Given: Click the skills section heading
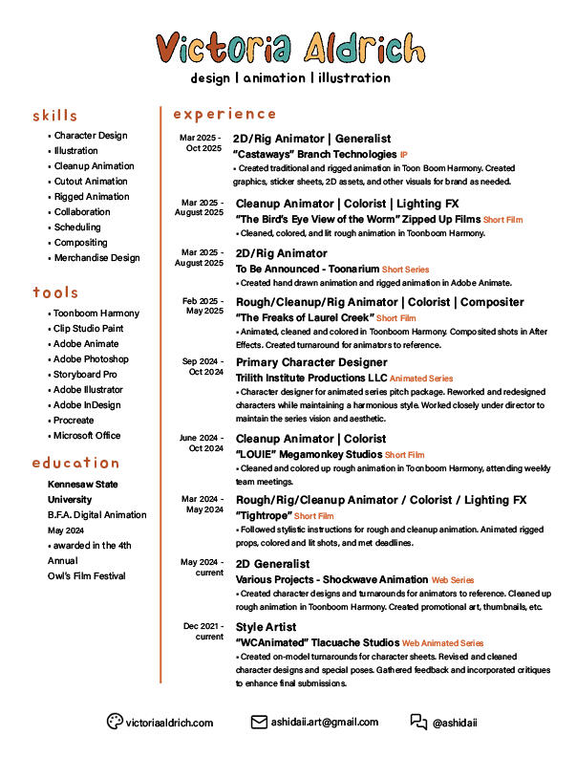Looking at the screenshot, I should [54, 116].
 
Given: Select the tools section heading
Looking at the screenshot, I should [55, 292].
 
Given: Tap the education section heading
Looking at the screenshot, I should [75, 463].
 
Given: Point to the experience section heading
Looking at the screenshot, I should [224, 114].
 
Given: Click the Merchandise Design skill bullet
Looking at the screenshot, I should [96, 258].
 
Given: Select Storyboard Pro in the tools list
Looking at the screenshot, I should [85, 375].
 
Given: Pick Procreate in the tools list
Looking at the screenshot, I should [74, 421].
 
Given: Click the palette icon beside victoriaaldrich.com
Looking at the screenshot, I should [115, 722].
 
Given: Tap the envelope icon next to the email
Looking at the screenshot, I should [259, 722].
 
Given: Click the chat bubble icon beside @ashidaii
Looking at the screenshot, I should [418, 722].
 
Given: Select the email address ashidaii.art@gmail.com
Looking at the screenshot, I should [325, 723].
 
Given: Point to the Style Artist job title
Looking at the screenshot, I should [266, 628].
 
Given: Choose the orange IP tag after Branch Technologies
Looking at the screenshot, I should [404, 155].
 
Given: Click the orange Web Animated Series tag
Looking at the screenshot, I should [442, 644].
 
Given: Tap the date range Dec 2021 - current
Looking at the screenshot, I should [203, 632].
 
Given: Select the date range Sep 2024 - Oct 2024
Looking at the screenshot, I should [203, 367].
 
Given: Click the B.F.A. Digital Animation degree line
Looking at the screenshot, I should [97, 515].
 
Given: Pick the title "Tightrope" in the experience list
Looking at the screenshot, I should [264, 516].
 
